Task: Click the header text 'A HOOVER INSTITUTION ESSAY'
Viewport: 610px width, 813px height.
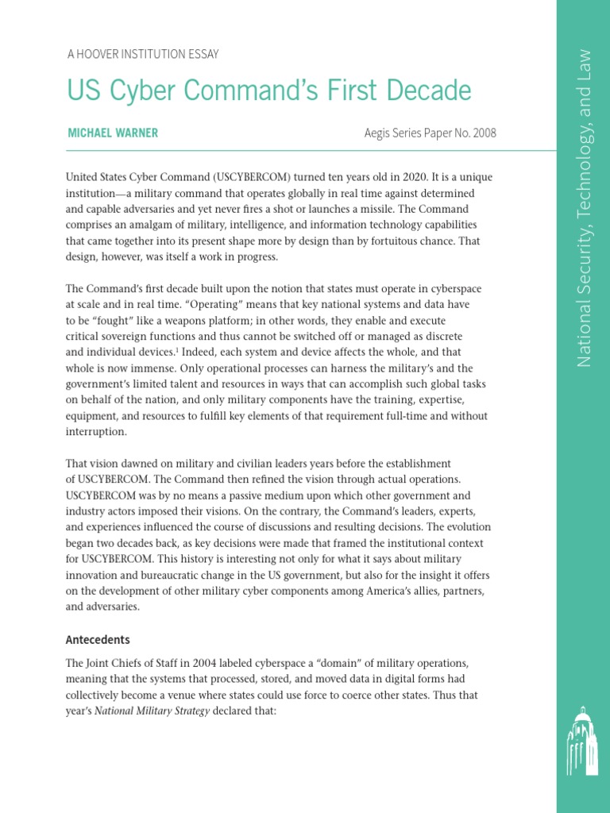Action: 142,54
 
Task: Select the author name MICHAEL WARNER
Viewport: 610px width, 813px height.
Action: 113,133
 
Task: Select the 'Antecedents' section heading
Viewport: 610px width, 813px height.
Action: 98,639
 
